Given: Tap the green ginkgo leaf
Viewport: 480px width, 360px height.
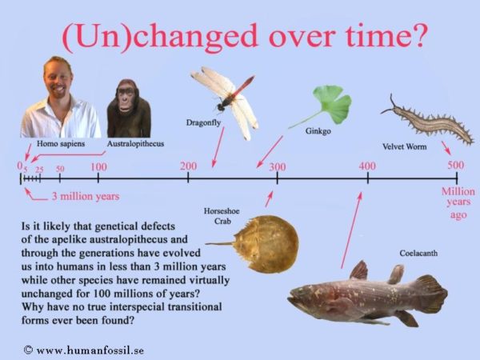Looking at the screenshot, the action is pos(332,104).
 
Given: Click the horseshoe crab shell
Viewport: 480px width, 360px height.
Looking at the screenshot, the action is pos(267,244).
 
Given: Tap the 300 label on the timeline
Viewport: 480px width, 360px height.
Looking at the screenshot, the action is pos(278,167).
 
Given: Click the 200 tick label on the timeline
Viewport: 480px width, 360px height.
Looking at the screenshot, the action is pos(188,166).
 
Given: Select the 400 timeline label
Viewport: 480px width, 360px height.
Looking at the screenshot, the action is pos(367,166).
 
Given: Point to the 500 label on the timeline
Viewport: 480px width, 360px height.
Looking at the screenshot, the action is pos(456,166).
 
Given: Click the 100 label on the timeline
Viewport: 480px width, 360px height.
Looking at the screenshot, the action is pos(99,167).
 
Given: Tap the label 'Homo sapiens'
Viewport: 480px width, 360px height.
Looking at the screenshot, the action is pos(61,143).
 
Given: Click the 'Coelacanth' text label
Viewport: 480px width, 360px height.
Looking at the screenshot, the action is pos(418,253).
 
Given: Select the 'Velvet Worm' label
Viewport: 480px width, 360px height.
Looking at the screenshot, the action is pos(404,146).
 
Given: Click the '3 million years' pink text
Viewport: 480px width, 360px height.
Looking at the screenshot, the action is pos(86,196).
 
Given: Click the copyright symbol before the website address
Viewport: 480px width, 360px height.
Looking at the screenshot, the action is pos(28,350).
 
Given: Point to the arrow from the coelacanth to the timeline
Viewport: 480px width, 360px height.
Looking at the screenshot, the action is pos(351,230).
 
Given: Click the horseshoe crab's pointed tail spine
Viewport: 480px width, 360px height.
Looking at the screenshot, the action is pos(219,244).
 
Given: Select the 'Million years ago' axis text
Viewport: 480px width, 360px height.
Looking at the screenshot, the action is pos(458,203).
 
